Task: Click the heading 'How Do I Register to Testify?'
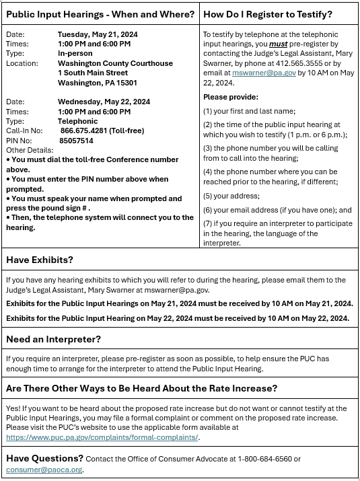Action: click(267, 14)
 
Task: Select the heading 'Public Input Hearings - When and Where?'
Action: click(100, 14)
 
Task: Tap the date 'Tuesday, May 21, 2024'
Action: click(98, 34)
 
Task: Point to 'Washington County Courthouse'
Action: click(114, 63)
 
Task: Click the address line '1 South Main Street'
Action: click(93, 73)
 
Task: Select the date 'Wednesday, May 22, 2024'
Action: click(104, 102)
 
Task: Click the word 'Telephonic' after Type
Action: click(77, 121)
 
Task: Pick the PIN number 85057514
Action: click(76, 141)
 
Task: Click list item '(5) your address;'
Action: click(231, 196)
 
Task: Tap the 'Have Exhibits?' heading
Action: click(40, 260)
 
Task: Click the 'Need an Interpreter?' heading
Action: click(53, 338)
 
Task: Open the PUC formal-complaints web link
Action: click(102, 437)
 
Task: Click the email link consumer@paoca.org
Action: click(44, 469)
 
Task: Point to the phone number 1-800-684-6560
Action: click(265, 459)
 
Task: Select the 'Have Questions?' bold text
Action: click(44, 458)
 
